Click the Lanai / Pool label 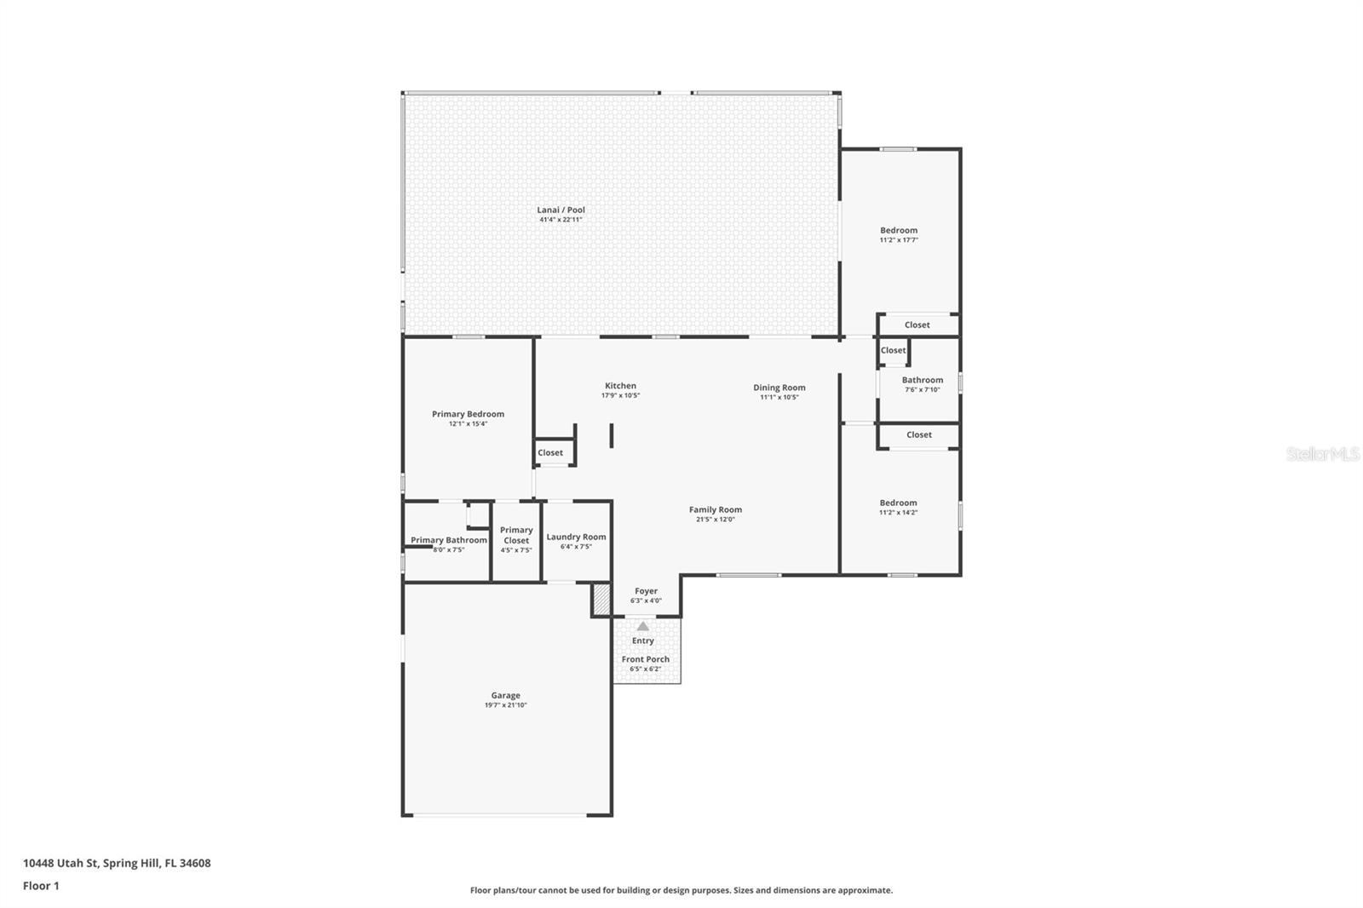pyautogui.click(x=561, y=210)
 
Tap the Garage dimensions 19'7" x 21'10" pyautogui.click(x=505, y=705)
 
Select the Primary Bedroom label pyautogui.click(x=468, y=414)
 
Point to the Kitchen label pyautogui.click(x=620, y=386)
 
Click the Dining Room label pyautogui.click(x=779, y=388)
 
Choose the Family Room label pyautogui.click(x=715, y=509)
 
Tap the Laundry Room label pyautogui.click(x=576, y=537)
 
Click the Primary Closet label pyautogui.click(x=516, y=535)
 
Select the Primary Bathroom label pyautogui.click(x=449, y=540)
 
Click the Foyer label pyautogui.click(x=646, y=591)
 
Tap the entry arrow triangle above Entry pyautogui.click(x=643, y=626)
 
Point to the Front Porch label pyautogui.click(x=645, y=659)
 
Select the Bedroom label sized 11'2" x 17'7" pyautogui.click(x=899, y=230)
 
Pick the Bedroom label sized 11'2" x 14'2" pyautogui.click(x=898, y=503)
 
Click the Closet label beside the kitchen pyautogui.click(x=550, y=452)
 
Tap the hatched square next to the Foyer pyautogui.click(x=601, y=599)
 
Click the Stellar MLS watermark pyautogui.click(x=1322, y=455)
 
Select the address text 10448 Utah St pyautogui.click(x=117, y=863)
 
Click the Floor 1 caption pyautogui.click(x=41, y=886)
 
